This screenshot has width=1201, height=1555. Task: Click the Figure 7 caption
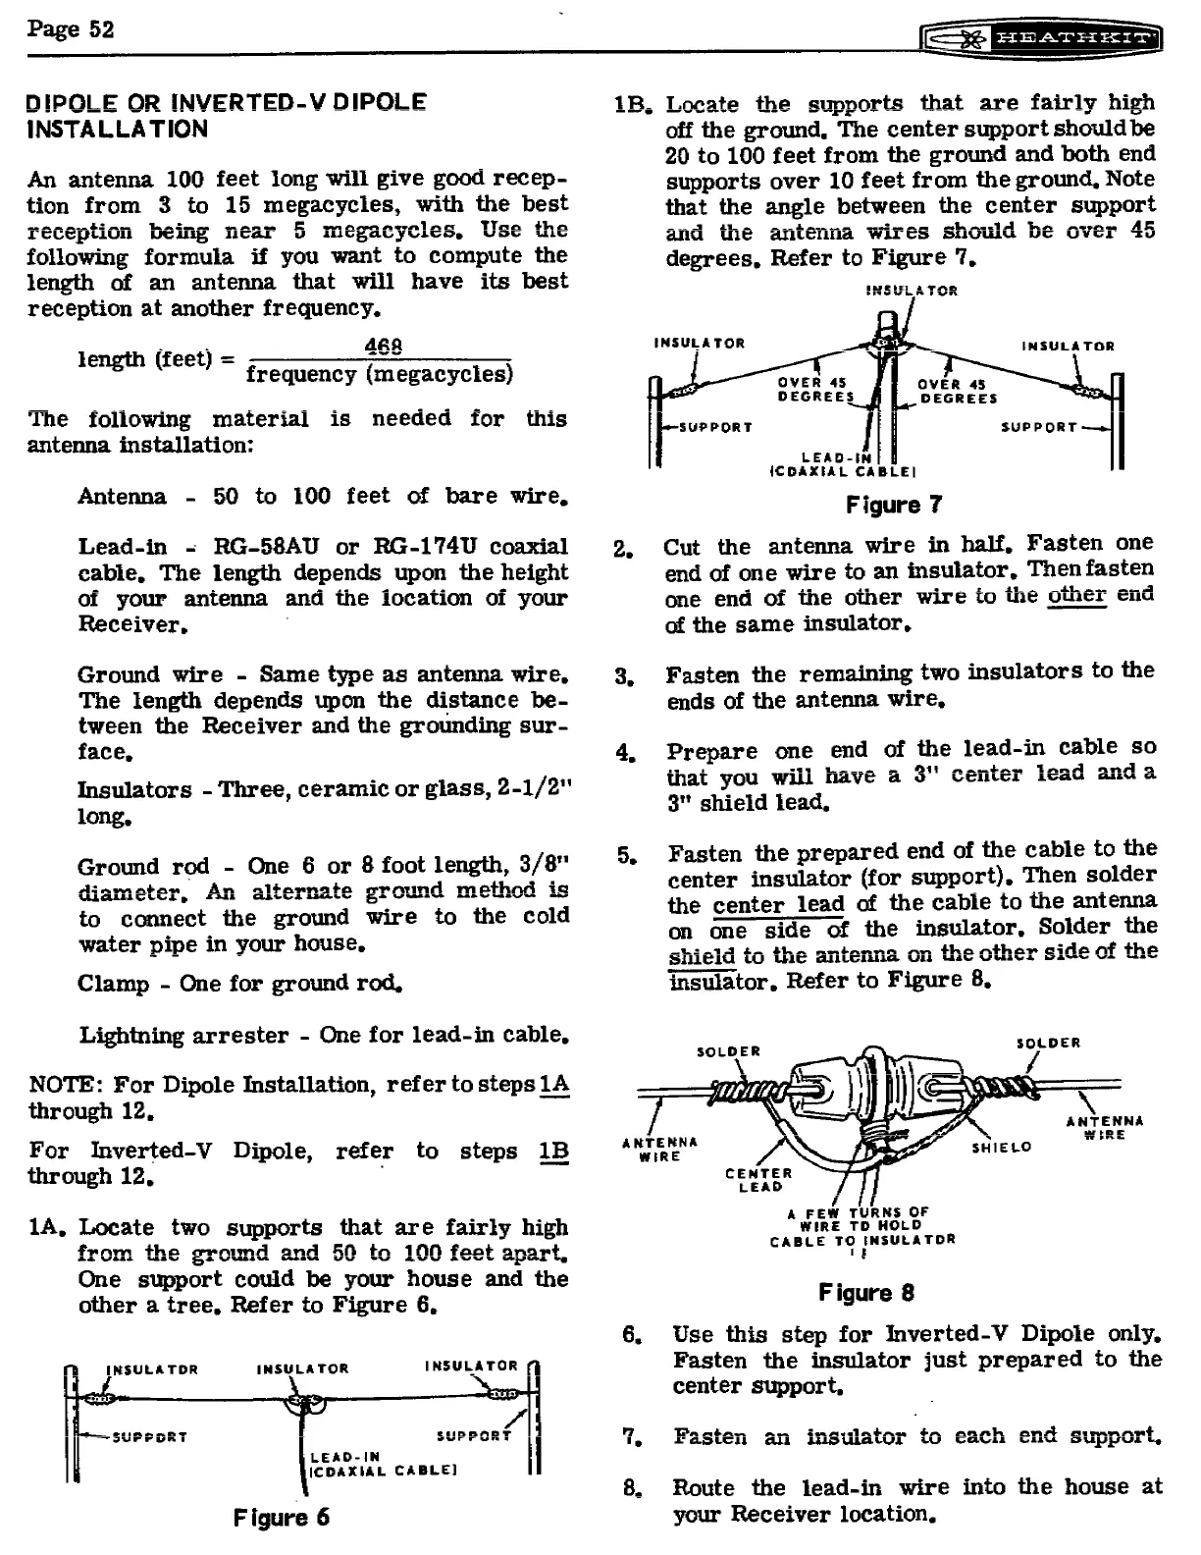tap(894, 505)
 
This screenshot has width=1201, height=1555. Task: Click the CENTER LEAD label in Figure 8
tap(759, 1179)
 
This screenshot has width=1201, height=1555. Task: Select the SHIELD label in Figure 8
tap(1001, 1147)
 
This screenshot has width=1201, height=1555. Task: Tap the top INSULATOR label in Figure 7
tap(912, 291)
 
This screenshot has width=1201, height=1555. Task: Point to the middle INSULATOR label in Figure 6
tap(302, 1368)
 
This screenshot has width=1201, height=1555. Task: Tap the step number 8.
tap(633, 1488)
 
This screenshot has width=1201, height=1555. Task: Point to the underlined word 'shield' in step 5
tap(703, 956)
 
